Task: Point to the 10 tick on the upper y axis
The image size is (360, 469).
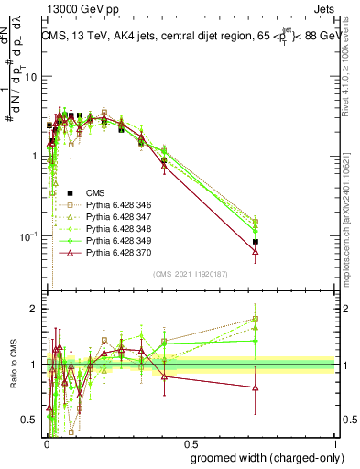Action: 30,76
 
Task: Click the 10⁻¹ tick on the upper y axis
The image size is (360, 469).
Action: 27,236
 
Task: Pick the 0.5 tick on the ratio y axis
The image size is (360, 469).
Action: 31,420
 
